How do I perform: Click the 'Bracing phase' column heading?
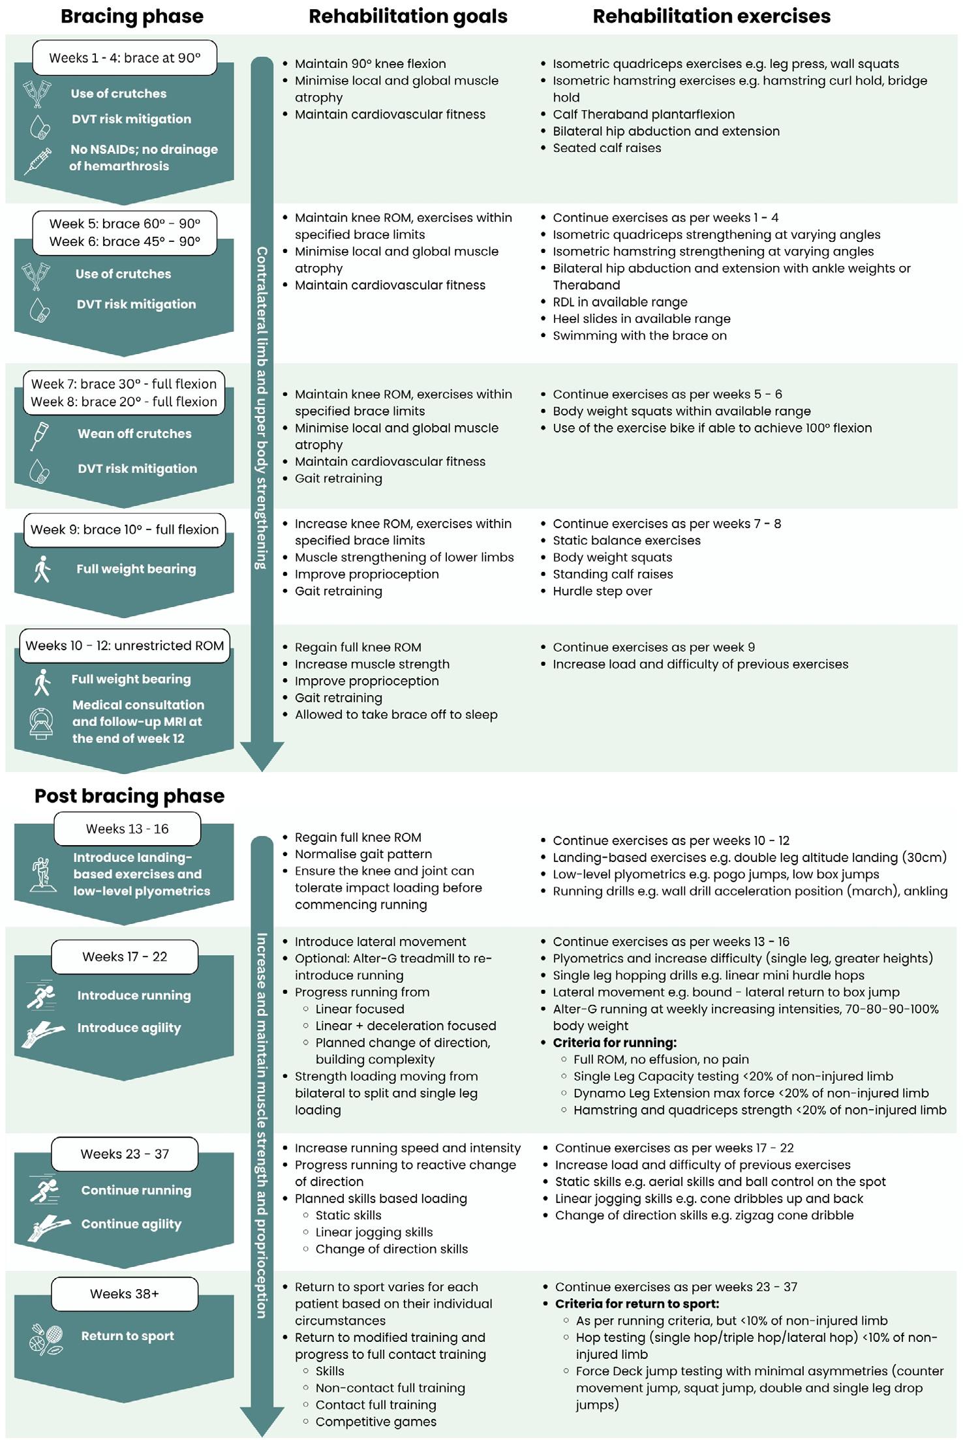pos(132,16)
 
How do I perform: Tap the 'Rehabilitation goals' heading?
pos(408,16)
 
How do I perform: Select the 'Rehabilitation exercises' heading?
pos(711,16)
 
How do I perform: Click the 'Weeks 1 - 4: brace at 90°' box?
pos(125,58)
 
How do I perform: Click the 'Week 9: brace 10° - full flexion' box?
pos(125,529)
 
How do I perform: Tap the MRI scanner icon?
pos(41,722)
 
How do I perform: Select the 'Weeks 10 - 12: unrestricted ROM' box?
pos(125,646)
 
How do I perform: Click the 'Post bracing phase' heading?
pos(129,796)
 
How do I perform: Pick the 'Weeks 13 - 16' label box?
pos(127,829)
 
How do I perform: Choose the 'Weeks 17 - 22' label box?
pos(125,957)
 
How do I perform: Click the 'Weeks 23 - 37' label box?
pos(125,1154)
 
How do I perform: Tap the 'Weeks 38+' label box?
pos(125,1294)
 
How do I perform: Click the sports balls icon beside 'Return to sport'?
pos(46,1336)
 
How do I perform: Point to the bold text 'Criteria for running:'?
pos(615,1043)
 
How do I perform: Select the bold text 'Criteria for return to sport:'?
pos(637,1304)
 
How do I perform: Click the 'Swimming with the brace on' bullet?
pos(639,336)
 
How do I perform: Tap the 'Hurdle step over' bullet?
pos(602,591)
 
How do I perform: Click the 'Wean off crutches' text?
pos(134,434)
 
